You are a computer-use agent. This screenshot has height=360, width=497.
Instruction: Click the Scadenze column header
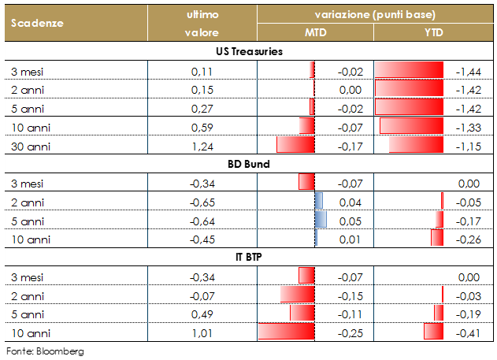37,23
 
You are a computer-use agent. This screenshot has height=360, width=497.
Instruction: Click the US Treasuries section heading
249,52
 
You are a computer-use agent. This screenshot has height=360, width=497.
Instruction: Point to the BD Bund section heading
249,164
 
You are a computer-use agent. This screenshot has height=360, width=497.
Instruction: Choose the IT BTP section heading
249,258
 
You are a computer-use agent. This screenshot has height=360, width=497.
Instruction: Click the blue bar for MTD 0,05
320,220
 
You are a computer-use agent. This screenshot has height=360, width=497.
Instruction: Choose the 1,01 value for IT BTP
202,332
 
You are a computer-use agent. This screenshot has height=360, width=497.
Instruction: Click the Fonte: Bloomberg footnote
45,350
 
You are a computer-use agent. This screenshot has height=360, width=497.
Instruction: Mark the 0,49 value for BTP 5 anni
202,313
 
